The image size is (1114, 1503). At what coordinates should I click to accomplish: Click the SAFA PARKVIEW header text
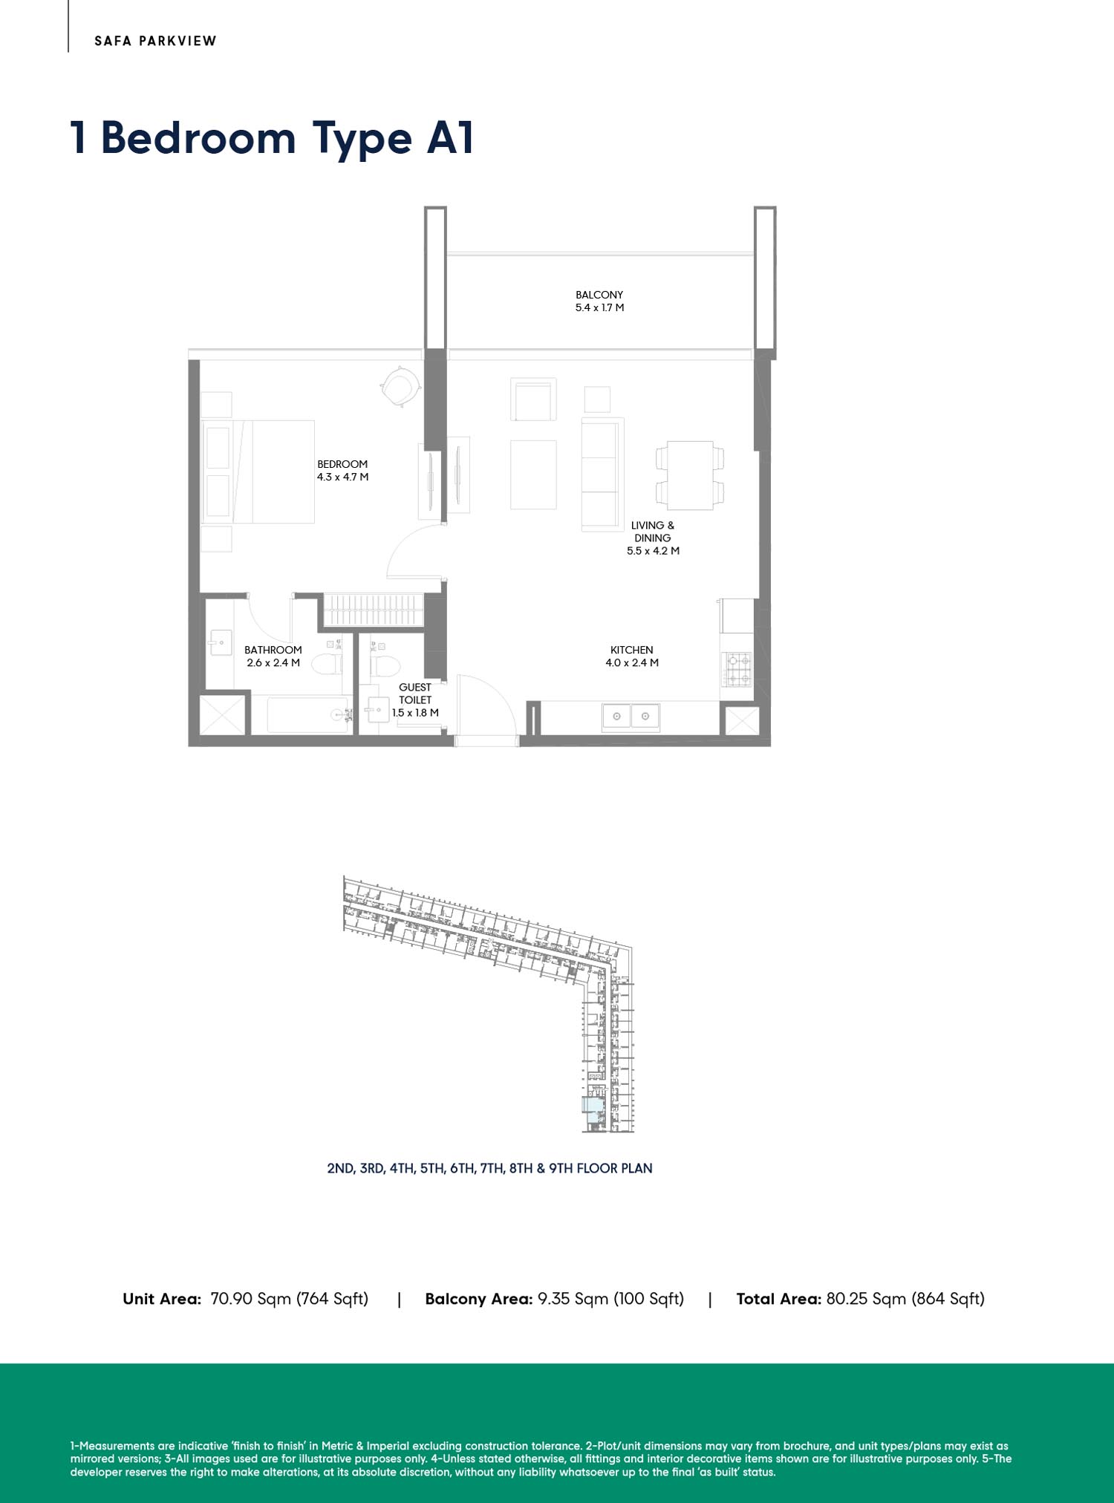point(155,41)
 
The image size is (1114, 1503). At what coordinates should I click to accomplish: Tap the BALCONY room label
point(599,295)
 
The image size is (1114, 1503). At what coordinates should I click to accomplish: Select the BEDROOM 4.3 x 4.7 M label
point(342,471)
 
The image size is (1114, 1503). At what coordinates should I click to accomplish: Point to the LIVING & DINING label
point(653,532)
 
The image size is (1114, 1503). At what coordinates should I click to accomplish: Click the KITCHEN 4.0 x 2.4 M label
point(632,656)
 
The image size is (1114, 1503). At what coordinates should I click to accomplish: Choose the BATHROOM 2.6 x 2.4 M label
point(273,656)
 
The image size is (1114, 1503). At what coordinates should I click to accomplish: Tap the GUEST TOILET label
point(415,694)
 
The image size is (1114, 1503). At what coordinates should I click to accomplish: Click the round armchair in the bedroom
point(400,386)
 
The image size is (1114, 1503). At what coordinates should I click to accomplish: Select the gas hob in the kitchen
point(738,669)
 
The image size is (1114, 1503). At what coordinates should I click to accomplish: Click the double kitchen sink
point(631,716)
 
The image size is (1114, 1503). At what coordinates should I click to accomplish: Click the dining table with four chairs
point(690,475)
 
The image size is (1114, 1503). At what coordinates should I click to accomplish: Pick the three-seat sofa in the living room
point(602,475)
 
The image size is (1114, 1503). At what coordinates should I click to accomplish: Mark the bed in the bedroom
point(258,472)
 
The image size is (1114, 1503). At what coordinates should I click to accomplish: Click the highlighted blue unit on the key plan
point(593,1110)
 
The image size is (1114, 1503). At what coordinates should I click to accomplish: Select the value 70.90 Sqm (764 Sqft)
point(290,1299)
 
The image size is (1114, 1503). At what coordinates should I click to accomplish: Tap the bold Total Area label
point(778,1299)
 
